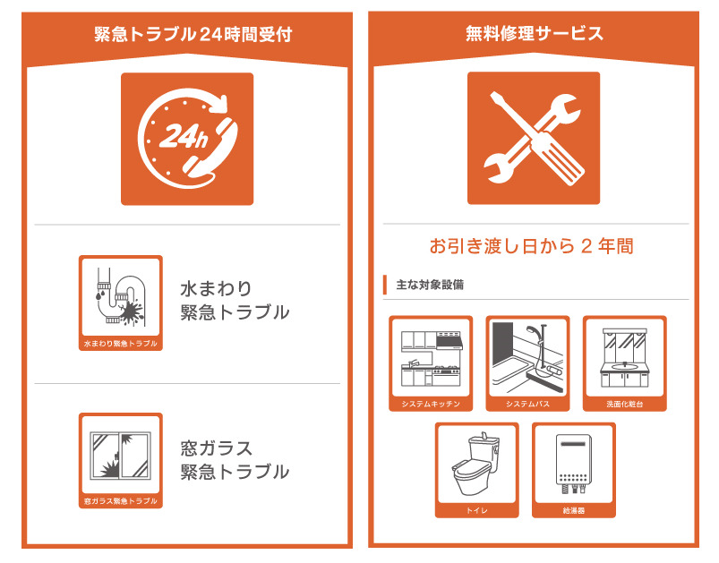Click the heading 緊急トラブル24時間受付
coord(193,34)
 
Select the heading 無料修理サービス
coord(535,33)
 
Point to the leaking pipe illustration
coord(121,297)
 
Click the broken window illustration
coord(121,456)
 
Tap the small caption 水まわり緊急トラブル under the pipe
coord(121,344)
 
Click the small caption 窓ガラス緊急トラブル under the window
coord(121,501)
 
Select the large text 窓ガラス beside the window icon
coord(217,448)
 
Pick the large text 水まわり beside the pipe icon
coord(217,289)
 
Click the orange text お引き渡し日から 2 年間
coord(532,246)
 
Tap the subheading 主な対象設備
coord(430,285)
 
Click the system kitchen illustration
coord(431,358)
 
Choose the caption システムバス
coord(527,404)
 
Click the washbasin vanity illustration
coord(625,358)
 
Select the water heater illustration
coord(574,463)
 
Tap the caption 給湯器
coord(574,510)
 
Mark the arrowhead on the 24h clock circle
coord(221,104)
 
